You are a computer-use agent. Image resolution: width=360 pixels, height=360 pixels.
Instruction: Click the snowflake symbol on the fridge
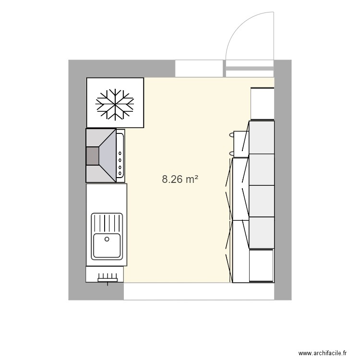[x=115, y=103]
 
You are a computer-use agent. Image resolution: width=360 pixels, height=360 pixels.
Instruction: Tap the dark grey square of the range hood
[x=92, y=156]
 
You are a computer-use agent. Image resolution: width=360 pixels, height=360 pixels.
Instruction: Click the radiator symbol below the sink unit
[x=108, y=277]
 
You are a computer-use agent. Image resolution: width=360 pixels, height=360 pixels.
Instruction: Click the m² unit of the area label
[x=192, y=180]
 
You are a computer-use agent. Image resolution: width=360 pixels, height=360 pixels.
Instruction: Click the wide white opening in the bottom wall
[x=199, y=291]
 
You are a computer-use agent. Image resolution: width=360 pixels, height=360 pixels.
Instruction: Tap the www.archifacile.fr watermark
[x=322, y=352]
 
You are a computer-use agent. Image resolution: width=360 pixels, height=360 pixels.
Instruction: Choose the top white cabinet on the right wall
[x=263, y=103]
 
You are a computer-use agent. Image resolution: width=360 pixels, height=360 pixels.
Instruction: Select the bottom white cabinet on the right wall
[x=261, y=265]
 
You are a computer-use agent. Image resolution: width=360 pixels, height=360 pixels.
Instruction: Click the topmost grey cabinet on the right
[x=262, y=137]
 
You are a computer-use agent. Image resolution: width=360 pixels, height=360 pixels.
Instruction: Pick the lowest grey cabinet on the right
[x=262, y=233]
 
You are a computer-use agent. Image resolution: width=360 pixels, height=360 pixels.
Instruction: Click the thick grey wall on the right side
[x=283, y=180]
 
